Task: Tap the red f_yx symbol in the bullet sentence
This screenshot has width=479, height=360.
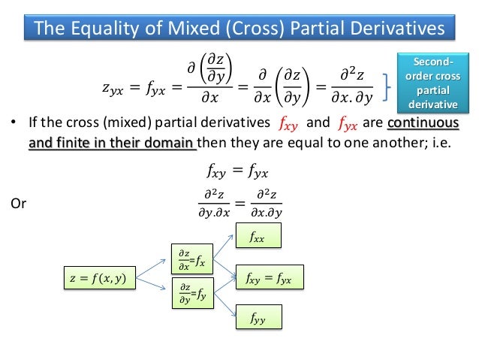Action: (x=348, y=123)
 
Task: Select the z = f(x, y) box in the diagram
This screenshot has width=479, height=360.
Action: (x=98, y=279)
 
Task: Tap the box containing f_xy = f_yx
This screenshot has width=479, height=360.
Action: (x=269, y=279)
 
